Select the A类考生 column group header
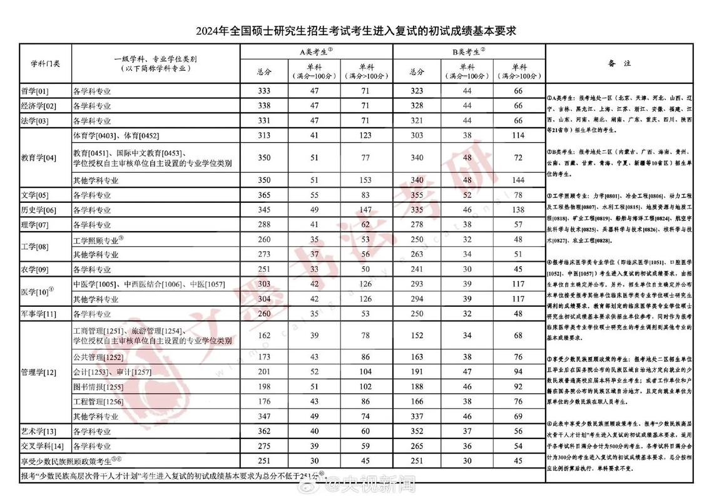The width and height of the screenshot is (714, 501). [x=317, y=52]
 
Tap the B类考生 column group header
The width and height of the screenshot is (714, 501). [x=469, y=52]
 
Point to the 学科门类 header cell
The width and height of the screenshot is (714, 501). [x=46, y=63]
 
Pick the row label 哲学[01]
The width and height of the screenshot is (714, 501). [x=35, y=91]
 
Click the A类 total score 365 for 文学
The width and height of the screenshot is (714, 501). [x=264, y=195]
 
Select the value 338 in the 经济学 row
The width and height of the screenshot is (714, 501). [x=264, y=106]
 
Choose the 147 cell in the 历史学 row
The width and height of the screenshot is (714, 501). [x=366, y=210]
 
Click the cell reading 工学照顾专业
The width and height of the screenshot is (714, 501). [x=98, y=240]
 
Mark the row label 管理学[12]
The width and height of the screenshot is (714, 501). [x=39, y=372]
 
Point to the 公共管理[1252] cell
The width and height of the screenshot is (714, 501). [x=98, y=357]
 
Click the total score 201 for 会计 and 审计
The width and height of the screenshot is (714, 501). [x=264, y=372]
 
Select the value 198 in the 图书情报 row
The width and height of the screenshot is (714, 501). [x=264, y=387]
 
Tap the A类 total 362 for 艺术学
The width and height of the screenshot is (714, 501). [x=264, y=431]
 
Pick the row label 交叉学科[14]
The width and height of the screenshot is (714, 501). [x=43, y=447]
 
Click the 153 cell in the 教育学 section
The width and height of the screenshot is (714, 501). [x=366, y=180]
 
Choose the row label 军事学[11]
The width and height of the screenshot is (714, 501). [x=39, y=314]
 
